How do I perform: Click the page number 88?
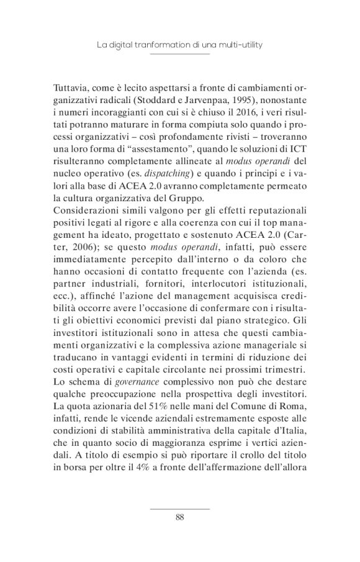(x=180, y=517)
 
